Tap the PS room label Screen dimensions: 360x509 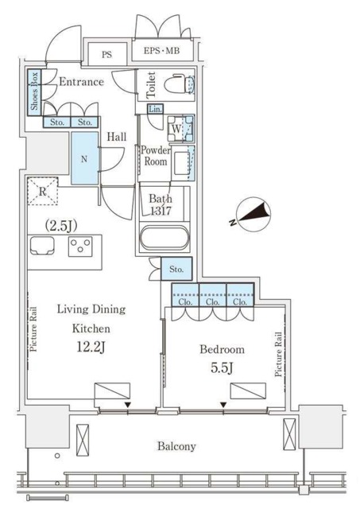pyautogui.click(x=106, y=54)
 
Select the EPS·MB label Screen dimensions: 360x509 pyautogui.click(x=161, y=51)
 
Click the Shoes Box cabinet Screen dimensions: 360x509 pyautogui.click(x=34, y=92)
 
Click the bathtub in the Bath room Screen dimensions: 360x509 pyautogui.click(x=165, y=238)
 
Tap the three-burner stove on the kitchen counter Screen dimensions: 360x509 pyautogui.click(x=80, y=247)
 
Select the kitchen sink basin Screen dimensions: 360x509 pyautogui.click(x=42, y=246)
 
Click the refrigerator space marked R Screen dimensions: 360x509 pyautogui.click(x=42, y=191)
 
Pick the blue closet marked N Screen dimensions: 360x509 pyautogui.click(x=84, y=158)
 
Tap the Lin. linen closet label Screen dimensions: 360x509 pyautogui.click(x=155, y=109)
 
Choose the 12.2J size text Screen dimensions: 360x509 pyautogui.click(x=91, y=347)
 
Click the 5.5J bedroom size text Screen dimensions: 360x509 pyautogui.click(x=223, y=367)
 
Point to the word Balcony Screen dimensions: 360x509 pyautogui.click(x=176, y=446)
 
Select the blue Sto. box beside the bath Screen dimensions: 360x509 pyautogui.click(x=176, y=269)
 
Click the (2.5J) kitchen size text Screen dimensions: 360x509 pyautogui.click(x=61, y=226)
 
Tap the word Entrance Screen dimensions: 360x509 pyautogui.click(x=81, y=81)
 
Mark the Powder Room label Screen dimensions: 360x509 pyautogui.click(x=156, y=156)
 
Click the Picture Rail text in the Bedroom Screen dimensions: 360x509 pyautogui.click(x=278, y=354)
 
